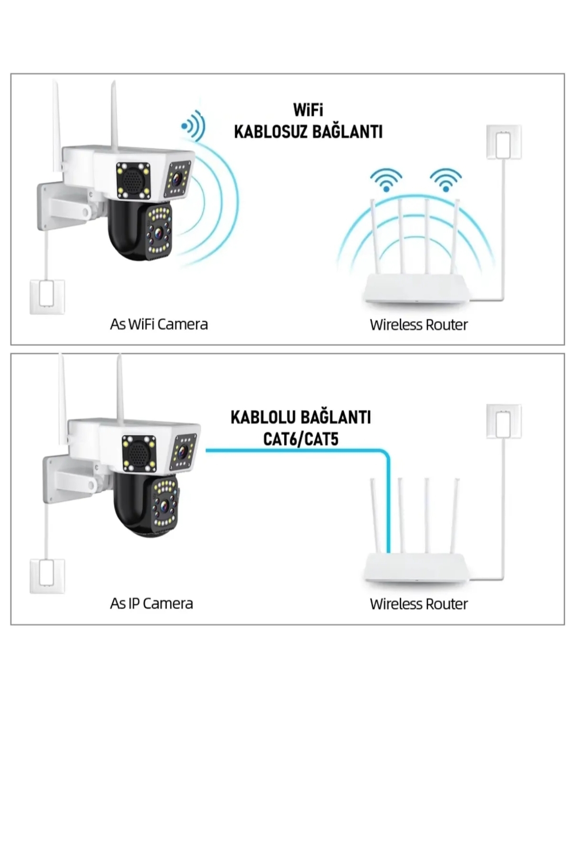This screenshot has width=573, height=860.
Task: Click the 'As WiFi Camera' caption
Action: (x=159, y=324)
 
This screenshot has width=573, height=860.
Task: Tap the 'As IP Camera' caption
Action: (x=151, y=603)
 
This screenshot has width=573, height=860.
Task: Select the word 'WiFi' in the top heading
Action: (x=308, y=110)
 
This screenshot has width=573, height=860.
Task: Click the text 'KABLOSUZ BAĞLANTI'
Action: (x=308, y=132)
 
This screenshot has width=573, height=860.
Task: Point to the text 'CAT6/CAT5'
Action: (x=300, y=439)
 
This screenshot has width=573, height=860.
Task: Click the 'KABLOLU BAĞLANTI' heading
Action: (x=300, y=417)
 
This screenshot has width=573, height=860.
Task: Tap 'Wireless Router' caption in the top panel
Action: (x=418, y=325)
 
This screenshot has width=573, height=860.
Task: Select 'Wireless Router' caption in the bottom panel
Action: (x=418, y=604)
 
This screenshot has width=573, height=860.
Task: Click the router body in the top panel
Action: (x=416, y=290)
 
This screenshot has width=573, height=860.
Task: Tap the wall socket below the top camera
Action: (x=47, y=297)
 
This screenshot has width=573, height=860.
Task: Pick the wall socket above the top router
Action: (x=504, y=142)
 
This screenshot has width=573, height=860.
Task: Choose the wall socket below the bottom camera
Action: (x=47, y=576)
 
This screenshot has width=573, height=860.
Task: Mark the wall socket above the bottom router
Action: (x=504, y=421)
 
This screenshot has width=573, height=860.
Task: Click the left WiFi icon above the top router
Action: (x=386, y=180)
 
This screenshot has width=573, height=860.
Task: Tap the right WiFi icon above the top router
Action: (x=446, y=180)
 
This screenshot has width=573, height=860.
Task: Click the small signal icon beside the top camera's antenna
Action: (x=193, y=126)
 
